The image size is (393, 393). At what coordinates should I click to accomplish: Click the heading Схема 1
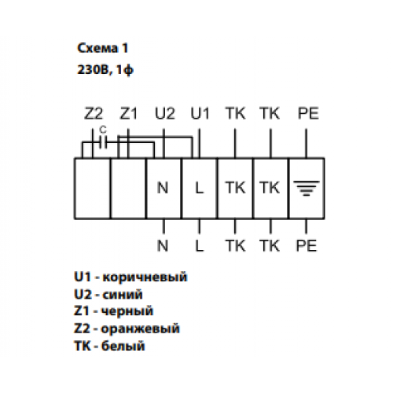pyautogui.click(x=103, y=48)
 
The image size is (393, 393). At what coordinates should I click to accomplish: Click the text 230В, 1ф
pyautogui.click(x=105, y=70)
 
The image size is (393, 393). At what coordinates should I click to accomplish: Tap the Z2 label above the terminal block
pyautogui.click(x=94, y=113)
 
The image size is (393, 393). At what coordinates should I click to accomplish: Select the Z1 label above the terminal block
pyautogui.click(x=128, y=113)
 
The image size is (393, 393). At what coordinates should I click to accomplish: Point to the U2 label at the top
pyautogui.click(x=165, y=113)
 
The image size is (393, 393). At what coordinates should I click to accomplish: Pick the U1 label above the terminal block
pyautogui.click(x=200, y=113)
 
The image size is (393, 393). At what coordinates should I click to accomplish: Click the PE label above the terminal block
pyautogui.click(x=308, y=113)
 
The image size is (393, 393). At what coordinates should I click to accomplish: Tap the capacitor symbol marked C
pyautogui.click(x=103, y=143)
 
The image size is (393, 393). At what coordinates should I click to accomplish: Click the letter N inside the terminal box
pyautogui.click(x=163, y=188)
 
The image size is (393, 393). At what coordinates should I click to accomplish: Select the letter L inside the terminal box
pyautogui.click(x=200, y=188)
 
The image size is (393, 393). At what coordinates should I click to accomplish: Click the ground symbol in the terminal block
pyautogui.click(x=307, y=188)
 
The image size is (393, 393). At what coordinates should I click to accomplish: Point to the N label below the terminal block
pyautogui.click(x=163, y=246)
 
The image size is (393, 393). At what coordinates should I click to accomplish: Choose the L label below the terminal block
pyautogui.click(x=200, y=246)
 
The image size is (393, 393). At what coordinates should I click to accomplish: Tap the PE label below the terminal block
pyautogui.click(x=307, y=246)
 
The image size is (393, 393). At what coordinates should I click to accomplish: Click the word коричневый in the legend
pyautogui.click(x=145, y=277)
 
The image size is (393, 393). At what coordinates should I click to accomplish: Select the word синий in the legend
pyautogui.click(x=123, y=295)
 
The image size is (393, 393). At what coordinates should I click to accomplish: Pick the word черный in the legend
pyautogui.click(x=127, y=311)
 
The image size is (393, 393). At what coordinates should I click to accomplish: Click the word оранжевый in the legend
pyautogui.click(x=141, y=329)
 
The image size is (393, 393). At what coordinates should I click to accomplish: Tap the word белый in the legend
pyautogui.click(x=123, y=346)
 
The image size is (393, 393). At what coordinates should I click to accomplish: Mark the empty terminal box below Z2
pyautogui.click(x=92, y=189)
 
